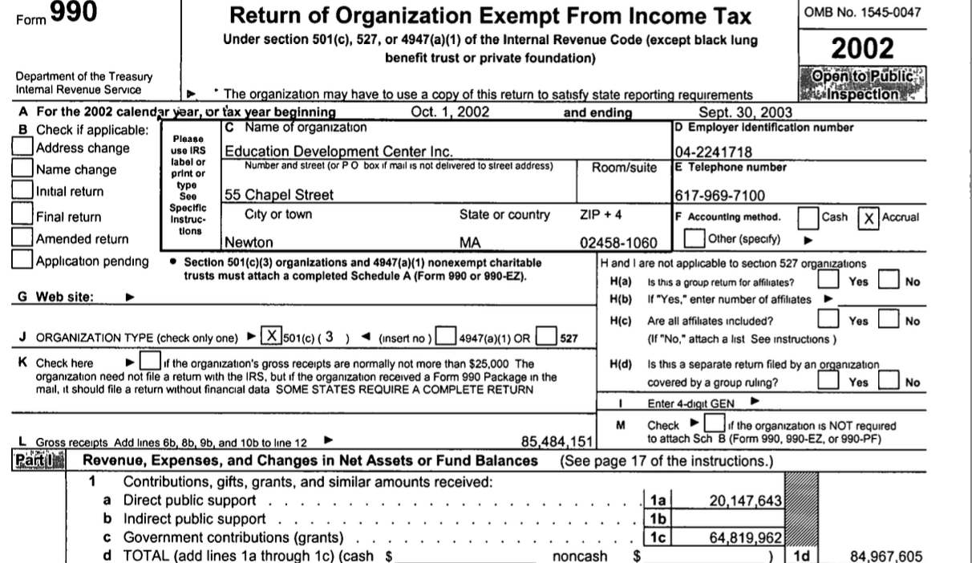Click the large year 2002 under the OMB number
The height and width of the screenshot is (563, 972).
862,47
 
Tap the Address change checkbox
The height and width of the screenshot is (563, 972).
23,148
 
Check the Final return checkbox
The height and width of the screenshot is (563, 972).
23,216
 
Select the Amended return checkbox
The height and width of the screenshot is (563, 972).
23,238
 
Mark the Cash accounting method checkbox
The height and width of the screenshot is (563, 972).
809,217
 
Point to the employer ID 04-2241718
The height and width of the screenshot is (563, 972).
711,151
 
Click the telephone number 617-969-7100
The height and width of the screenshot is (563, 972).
719,195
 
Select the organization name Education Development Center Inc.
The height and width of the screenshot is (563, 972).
338,151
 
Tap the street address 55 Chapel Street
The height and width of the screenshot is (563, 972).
273,195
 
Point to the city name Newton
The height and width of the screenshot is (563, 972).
249,243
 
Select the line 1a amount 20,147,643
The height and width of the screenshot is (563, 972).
746,500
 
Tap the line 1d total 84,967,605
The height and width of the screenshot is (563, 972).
885,556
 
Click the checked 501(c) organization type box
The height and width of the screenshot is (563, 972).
273,337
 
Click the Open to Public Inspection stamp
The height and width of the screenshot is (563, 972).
862,83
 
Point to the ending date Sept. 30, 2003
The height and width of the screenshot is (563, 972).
746,112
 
